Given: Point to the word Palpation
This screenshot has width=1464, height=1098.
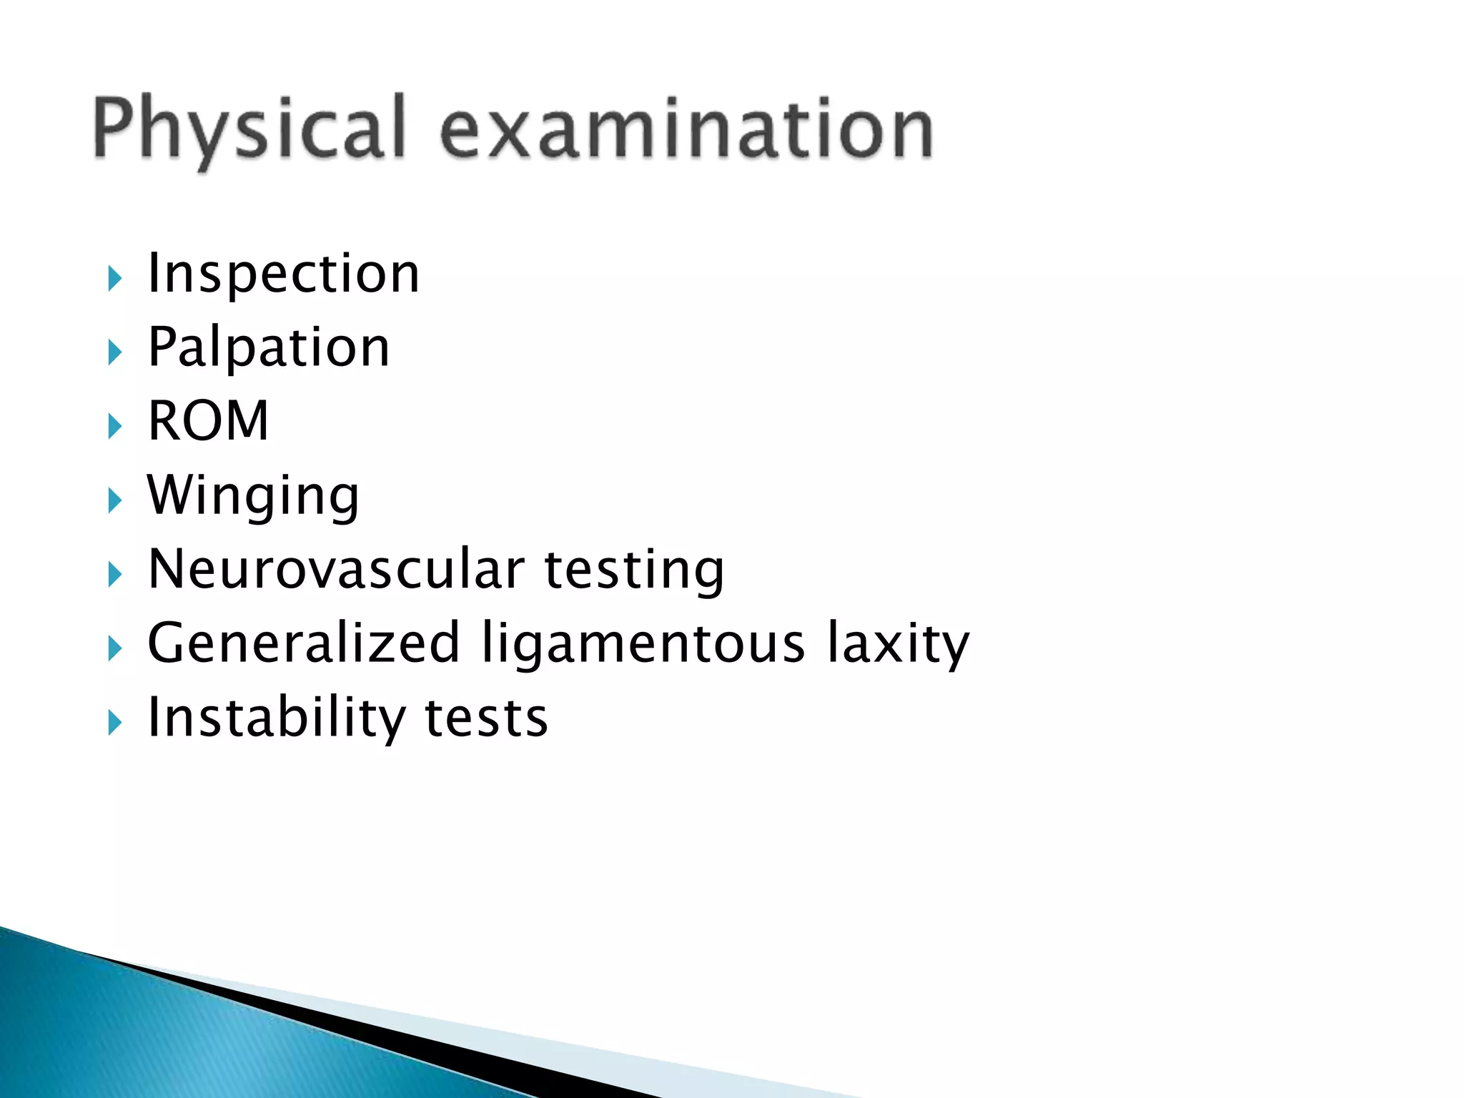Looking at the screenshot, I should coord(269,348).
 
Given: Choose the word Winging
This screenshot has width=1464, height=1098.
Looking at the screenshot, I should coord(253,495).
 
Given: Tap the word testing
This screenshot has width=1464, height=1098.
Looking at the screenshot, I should coord(635,570).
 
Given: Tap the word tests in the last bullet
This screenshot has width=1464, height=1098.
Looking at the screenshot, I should coord(486,718).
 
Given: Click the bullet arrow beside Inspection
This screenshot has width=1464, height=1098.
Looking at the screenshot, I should coord(114,278).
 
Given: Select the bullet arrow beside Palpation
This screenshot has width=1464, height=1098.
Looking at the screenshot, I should coord(114,352).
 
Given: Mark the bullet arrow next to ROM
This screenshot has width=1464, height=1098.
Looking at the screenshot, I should coord(114,426).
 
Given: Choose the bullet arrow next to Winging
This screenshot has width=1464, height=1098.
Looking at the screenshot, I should coord(114,500).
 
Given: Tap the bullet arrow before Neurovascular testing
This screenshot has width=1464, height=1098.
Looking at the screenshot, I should coord(114,574).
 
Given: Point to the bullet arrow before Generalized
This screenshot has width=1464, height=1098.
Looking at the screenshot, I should coord(114,648).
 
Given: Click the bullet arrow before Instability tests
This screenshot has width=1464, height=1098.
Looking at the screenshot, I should coord(114,723).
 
